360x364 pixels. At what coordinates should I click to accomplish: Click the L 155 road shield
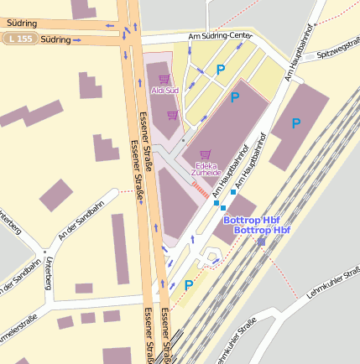(x=19, y=39)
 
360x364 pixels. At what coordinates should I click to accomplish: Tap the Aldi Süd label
(x=164, y=90)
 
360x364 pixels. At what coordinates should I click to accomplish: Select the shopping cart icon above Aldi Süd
(x=164, y=79)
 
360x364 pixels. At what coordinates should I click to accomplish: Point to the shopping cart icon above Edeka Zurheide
(x=206, y=154)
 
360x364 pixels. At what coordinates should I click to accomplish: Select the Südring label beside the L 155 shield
(x=55, y=39)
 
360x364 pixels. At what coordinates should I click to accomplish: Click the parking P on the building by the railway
(x=295, y=123)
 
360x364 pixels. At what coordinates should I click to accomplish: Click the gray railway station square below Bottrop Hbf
(x=261, y=242)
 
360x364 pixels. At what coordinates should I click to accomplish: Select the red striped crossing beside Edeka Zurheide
(x=199, y=190)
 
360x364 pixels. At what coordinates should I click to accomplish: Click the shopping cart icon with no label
(x=172, y=116)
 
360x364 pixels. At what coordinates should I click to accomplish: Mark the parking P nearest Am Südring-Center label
(x=221, y=70)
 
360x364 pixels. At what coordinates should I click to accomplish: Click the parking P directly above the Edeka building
(x=235, y=97)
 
